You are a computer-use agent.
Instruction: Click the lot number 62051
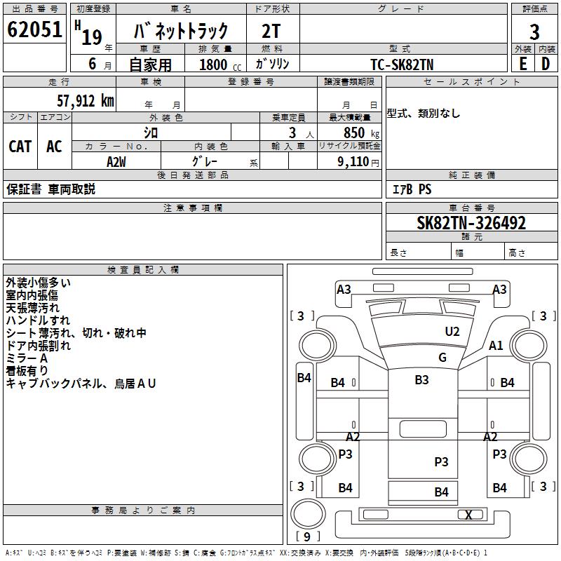pyautogui.click(x=34, y=31)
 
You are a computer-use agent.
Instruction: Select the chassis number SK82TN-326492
pyautogui.click(x=471, y=224)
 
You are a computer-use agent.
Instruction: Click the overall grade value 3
pyautogui.click(x=534, y=32)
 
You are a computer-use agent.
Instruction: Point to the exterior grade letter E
pyautogui.click(x=522, y=63)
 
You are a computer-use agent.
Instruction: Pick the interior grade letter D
pyautogui.click(x=546, y=63)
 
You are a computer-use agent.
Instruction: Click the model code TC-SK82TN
pyautogui.click(x=402, y=64)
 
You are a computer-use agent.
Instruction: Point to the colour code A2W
pyautogui.click(x=116, y=161)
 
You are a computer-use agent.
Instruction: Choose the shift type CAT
pyautogui.click(x=20, y=147)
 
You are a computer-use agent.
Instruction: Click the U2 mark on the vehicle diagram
pyautogui.click(x=452, y=332)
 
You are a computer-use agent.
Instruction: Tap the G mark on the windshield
pyautogui.click(x=442, y=358)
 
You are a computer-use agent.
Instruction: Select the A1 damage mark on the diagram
pyautogui.click(x=496, y=345)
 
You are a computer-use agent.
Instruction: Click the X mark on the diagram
pyautogui.click(x=468, y=515)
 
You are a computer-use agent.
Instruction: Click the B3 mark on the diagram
pyautogui.click(x=421, y=380)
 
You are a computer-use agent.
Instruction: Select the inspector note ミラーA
pyautogui.click(x=27, y=358)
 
